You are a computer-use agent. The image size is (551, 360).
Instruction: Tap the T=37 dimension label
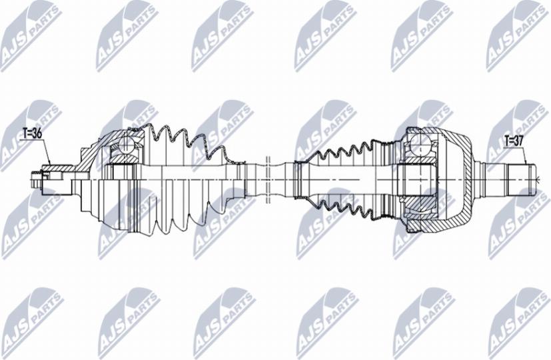[x=514, y=141]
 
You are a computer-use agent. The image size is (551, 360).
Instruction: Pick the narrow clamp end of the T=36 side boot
[x=236, y=175]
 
